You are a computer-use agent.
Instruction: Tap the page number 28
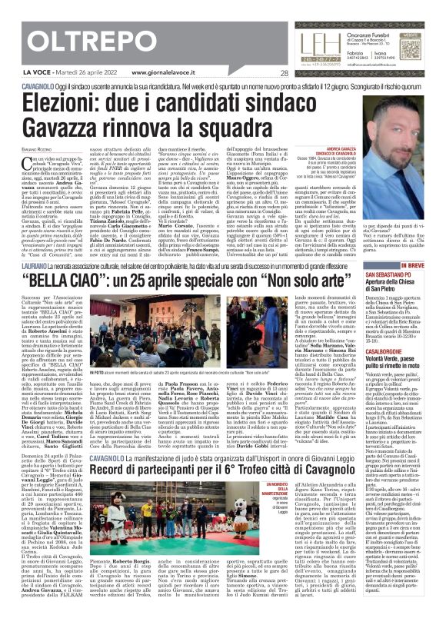click(x=284, y=74)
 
